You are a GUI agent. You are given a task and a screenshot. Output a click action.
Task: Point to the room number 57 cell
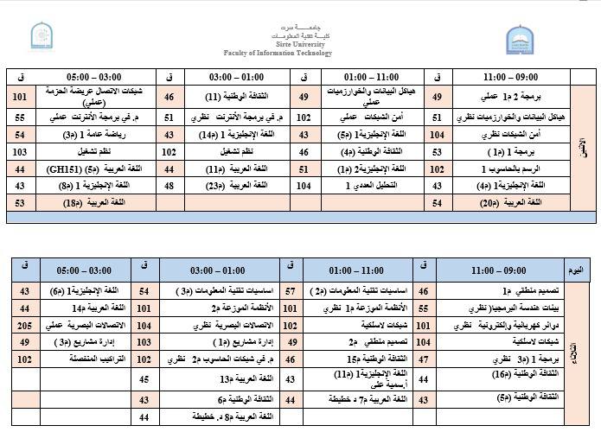(x=291, y=291)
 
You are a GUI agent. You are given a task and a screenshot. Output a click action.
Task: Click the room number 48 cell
(x=169, y=185)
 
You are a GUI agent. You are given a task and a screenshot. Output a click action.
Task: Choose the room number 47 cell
(x=424, y=358)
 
